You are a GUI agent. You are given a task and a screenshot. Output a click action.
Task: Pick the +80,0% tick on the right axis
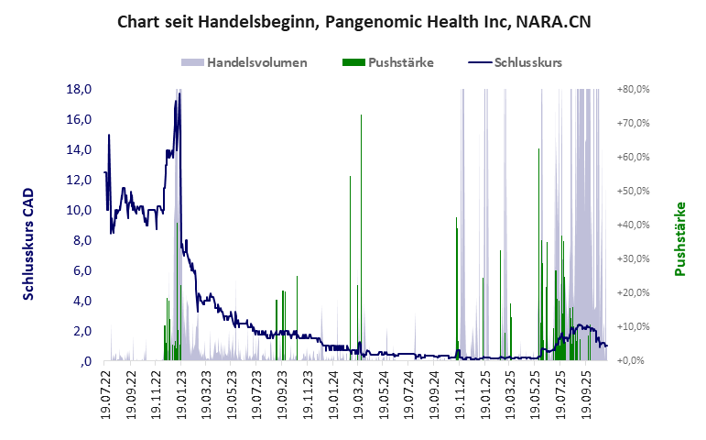633,90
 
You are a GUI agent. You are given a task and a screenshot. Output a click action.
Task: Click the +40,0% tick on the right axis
633,225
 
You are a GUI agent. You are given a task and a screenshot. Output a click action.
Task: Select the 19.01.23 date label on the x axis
179,392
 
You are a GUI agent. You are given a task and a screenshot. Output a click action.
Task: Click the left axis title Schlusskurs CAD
28,244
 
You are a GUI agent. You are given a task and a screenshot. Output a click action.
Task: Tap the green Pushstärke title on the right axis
679,238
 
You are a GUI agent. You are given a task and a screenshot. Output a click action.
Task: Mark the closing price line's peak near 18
179,93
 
